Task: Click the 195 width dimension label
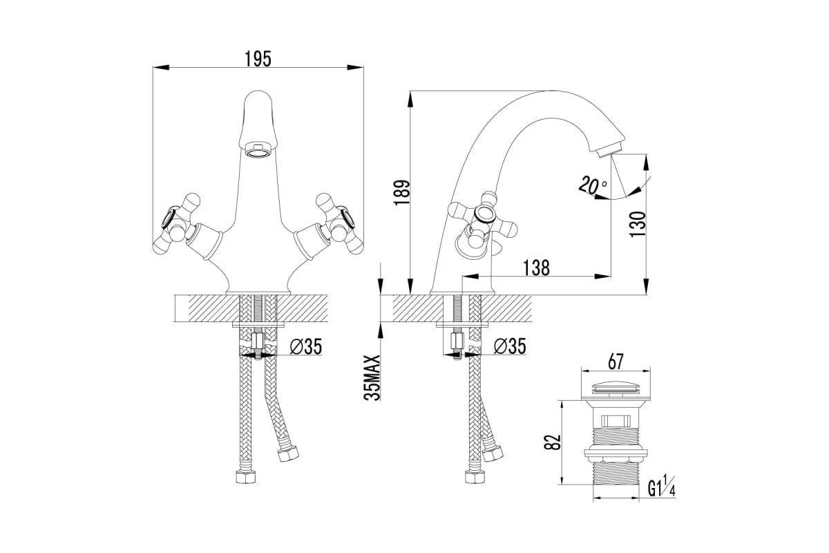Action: tap(258, 59)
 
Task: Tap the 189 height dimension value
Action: tap(402, 193)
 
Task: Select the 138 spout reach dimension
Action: tap(536, 268)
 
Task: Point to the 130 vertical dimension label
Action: tap(637, 225)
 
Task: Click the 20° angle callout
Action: tap(593, 185)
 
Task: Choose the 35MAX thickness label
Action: tap(372, 378)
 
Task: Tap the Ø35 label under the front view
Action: tap(305, 347)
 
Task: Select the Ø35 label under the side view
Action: tap(510, 347)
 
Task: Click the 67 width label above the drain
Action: tap(616, 362)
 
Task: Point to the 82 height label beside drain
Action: tap(553, 442)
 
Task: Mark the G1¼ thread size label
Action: tap(662, 487)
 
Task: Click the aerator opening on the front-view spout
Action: tap(258, 151)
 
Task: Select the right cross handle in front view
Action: tap(340, 224)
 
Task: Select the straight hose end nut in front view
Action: tap(246, 477)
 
